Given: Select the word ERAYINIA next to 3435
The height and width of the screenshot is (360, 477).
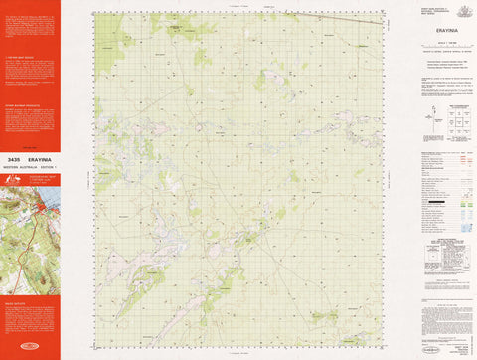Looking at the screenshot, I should click(x=39, y=159).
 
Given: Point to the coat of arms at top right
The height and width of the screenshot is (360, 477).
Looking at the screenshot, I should click(x=455, y=9).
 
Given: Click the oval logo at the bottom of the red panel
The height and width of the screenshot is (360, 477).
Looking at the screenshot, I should click(x=30, y=346).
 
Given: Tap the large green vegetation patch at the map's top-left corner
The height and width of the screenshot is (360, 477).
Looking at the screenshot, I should click(x=107, y=27).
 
